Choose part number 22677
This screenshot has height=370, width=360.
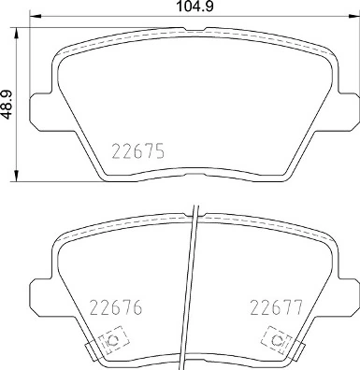coord(274,307)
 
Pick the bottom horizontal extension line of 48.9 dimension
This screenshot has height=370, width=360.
coord(56,180)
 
